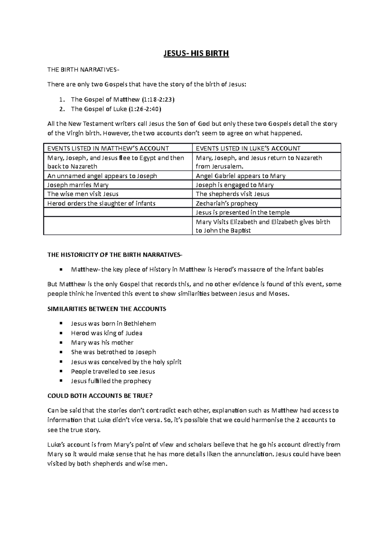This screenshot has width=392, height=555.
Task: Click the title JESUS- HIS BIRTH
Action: (x=196, y=53)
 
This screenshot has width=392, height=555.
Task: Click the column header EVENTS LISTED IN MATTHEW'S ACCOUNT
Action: (x=108, y=148)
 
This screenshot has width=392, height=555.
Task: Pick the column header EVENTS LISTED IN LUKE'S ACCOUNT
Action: (x=248, y=148)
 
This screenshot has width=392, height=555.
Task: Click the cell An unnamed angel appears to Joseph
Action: (x=102, y=176)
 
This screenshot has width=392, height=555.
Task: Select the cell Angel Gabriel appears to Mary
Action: (x=240, y=176)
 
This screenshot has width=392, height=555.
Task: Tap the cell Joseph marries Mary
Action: (x=78, y=185)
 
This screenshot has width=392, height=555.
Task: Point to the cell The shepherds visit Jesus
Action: (x=232, y=194)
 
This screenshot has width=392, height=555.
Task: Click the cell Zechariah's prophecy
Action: (x=227, y=203)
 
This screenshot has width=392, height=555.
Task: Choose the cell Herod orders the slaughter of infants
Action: (x=101, y=203)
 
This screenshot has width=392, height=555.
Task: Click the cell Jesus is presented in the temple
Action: (x=242, y=212)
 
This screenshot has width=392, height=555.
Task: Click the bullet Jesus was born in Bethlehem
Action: (x=113, y=324)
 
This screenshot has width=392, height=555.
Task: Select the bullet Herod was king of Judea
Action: (x=106, y=333)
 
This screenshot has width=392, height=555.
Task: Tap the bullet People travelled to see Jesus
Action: (x=113, y=371)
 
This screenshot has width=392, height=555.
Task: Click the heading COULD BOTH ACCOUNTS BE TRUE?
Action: (x=100, y=396)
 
